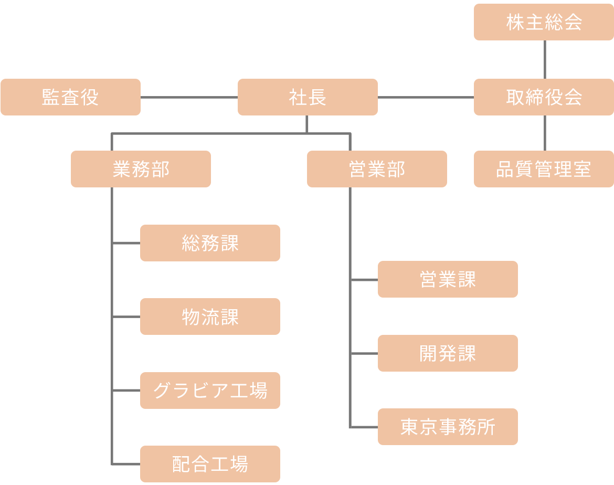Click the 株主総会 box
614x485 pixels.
tap(544, 22)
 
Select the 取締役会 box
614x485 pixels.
tap(544, 97)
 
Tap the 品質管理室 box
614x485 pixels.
tap(544, 169)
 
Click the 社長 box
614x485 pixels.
tap(308, 97)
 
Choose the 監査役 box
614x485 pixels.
tap(70, 97)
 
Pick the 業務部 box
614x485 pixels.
tap(141, 169)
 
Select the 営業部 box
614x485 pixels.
tap(377, 169)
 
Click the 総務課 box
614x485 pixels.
tap(210, 243)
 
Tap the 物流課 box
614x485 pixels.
tap(210, 317)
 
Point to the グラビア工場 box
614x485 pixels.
tap(210, 391)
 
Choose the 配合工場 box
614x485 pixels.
tap(210, 464)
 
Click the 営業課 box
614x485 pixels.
tap(448, 279)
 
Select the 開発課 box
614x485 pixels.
tap(448, 353)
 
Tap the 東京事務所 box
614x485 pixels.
tap(448, 427)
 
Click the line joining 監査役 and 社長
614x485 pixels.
tap(189, 97)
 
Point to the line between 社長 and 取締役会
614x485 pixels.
tap(426, 97)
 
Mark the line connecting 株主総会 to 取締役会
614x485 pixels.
tap(544, 59)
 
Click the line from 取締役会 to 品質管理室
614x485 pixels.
tap(544, 133)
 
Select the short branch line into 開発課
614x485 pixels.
tap(364, 354)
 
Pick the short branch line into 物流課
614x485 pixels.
tap(126, 317)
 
